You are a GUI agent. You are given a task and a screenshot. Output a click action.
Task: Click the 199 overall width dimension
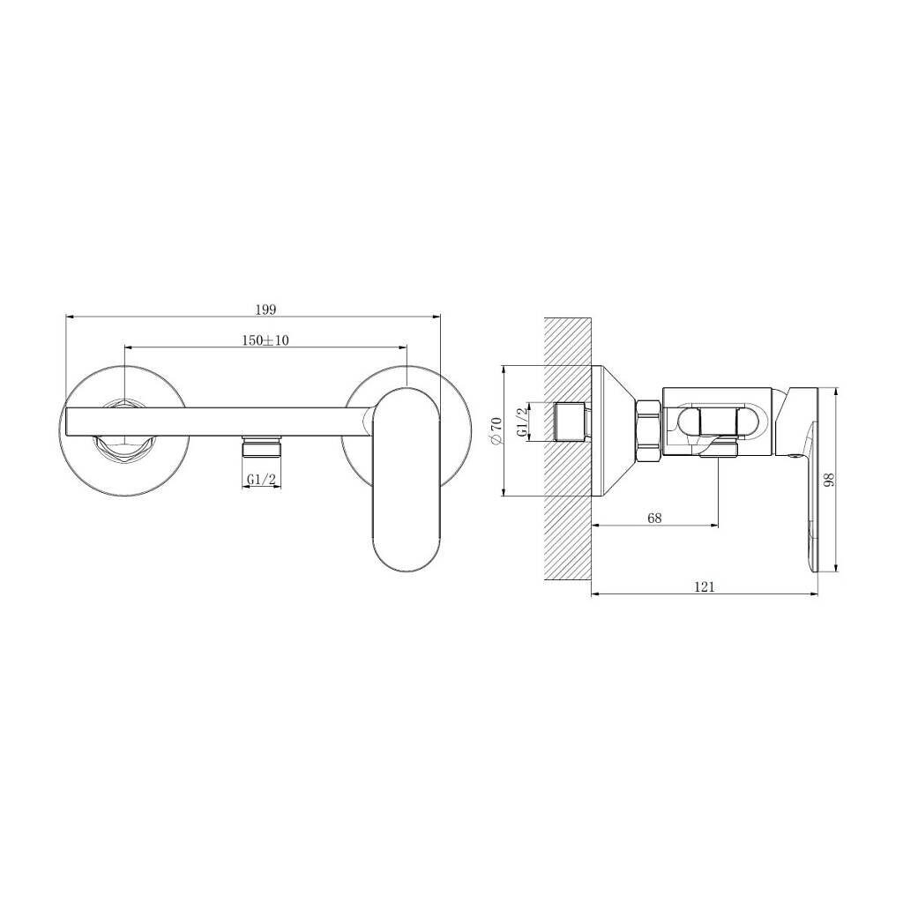(265, 310)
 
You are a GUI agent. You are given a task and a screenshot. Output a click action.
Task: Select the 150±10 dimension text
(265, 340)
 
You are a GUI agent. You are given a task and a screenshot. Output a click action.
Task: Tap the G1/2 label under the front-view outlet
(262, 479)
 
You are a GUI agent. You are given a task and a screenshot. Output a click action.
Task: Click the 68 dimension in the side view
(655, 518)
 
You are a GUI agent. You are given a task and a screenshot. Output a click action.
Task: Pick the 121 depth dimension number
(705, 586)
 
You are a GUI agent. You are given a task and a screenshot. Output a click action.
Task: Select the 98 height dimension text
(829, 481)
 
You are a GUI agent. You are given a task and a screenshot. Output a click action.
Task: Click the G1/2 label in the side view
(522, 422)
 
